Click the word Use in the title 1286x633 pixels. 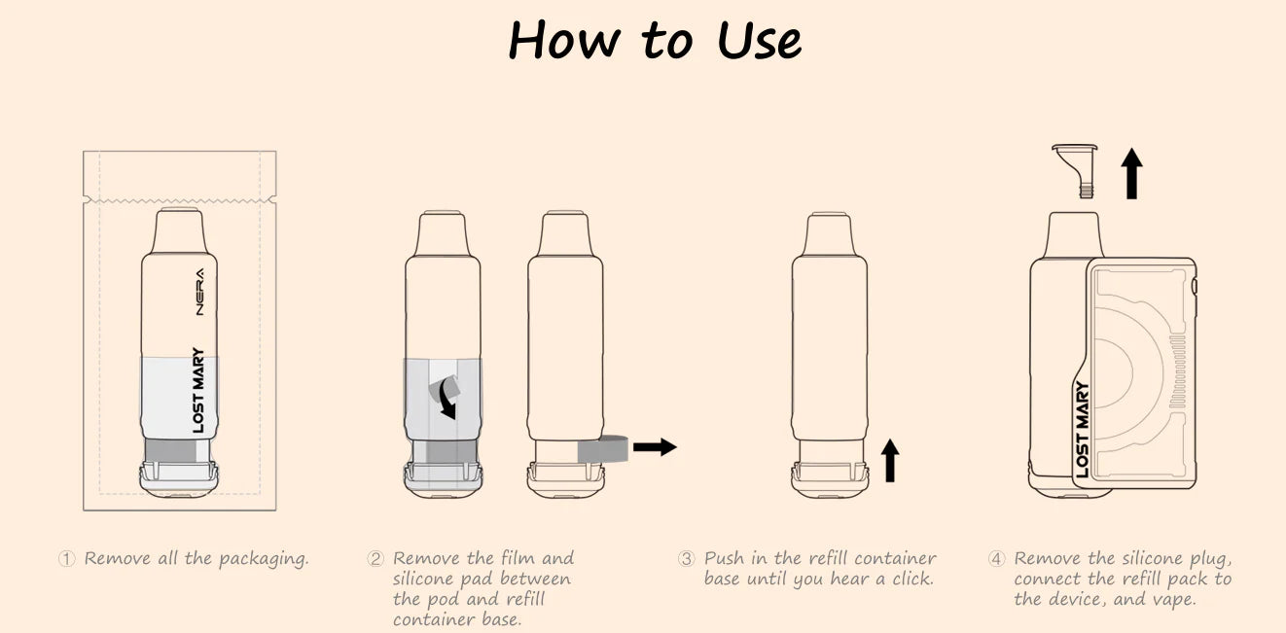pyautogui.click(x=759, y=40)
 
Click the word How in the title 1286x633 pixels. pyautogui.click(x=564, y=39)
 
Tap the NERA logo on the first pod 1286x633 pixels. pyautogui.click(x=199, y=292)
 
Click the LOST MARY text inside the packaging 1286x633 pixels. pyautogui.click(x=198, y=390)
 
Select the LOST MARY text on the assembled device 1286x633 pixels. pyautogui.click(x=1082, y=429)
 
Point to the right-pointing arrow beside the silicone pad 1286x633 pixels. pyautogui.click(x=655, y=446)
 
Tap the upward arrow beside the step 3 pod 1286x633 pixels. pyautogui.click(x=890, y=460)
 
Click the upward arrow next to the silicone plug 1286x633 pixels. pyautogui.click(x=1131, y=173)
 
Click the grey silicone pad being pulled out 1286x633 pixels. pyautogui.click(x=603, y=449)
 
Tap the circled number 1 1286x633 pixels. pyautogui.click(x=66, y=558)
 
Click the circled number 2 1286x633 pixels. pyautogui.click(x=375, y=558)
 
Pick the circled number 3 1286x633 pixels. pyautogui.click(x=686, y=558)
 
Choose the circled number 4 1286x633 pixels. pyautogui.click(x=997, y=558)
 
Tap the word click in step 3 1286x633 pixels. pyautogui.click(x=912, y=580)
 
